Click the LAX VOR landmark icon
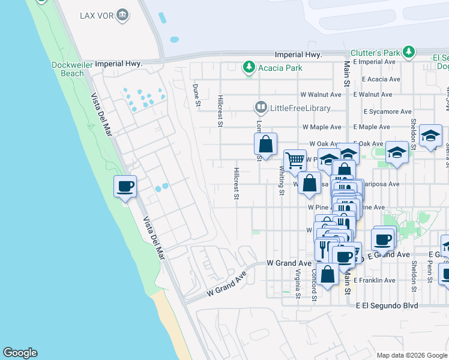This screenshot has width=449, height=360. (122, 15)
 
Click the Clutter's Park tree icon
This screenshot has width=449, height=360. (409, 52)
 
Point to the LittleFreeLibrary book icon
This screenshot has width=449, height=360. (261, 108)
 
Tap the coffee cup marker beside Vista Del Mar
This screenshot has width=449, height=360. (125, 187)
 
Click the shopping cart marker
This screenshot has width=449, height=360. (295, 161)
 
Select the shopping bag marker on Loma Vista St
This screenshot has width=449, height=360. (265, 145)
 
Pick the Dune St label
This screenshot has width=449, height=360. (196, 95)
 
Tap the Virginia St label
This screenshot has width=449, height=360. (298, 283)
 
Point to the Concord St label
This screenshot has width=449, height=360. (314, 283)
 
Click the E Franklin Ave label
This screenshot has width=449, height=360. (375, 280)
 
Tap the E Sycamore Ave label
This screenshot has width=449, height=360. (387, 112)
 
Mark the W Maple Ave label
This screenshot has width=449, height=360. (321, 127)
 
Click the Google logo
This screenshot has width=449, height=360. (20, 353)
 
